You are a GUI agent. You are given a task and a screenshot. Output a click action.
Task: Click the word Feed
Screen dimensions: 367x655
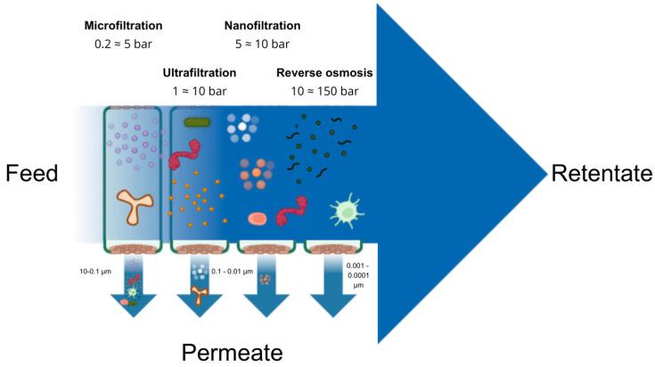[30, 173]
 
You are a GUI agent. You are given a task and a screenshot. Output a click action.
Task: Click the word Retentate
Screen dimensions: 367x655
[602, 173]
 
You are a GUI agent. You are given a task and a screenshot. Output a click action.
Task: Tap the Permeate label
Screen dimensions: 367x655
[233, 352]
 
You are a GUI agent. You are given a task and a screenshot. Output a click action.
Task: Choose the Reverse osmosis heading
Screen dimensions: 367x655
[326, 71]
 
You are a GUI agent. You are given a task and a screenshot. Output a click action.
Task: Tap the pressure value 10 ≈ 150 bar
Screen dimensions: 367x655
[326, 91]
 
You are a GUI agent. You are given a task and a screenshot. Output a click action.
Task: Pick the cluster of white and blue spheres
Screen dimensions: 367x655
[242, 128]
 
